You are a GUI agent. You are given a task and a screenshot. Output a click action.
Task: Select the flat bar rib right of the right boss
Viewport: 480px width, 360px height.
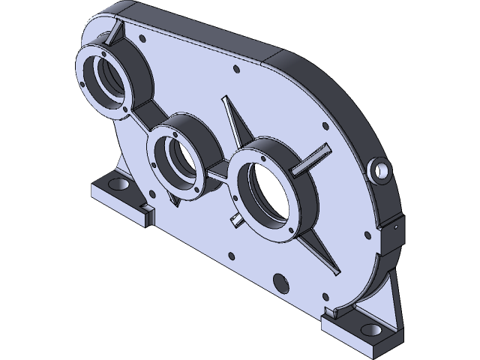coord(312,160)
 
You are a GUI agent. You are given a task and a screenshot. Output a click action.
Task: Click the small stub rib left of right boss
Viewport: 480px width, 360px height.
coord(235,219)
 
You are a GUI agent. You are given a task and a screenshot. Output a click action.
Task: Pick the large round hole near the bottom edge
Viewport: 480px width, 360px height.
coord(280,282)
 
